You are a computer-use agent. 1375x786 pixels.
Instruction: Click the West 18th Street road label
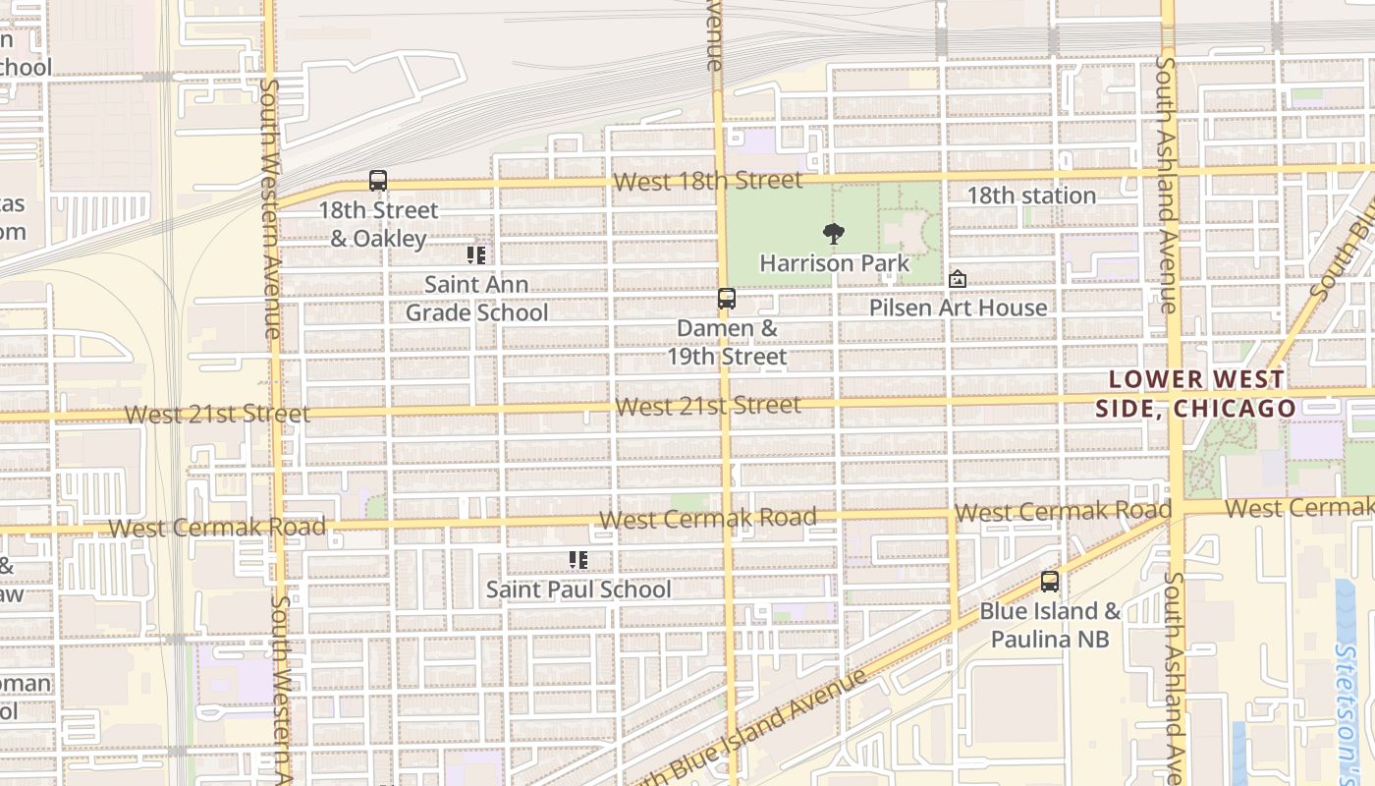(707, 181)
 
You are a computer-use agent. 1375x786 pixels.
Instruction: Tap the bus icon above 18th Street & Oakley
(378, 181)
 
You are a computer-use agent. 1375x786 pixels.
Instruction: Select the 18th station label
(1031, 196)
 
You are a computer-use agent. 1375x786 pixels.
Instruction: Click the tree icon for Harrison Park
(833, 234)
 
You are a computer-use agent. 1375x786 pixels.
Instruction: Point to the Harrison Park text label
(835, 263)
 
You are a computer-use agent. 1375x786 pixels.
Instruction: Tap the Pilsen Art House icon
(958, 280)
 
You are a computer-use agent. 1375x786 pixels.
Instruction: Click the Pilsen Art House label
(958, 308)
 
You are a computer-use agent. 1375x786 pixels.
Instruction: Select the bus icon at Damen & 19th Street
(727, 299)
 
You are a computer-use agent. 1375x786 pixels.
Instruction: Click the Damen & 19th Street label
(727, 342)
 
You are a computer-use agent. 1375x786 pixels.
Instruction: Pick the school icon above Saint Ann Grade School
(476, 255)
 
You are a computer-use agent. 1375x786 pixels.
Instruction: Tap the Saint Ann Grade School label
(476, 299)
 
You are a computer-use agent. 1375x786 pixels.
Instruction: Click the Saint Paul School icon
(578, 560)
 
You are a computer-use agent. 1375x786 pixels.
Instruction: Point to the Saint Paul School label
(578, 589)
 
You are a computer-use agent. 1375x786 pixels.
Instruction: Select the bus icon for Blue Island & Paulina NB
(1050, 582)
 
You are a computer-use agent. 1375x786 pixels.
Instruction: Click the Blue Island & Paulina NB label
(1050, 625)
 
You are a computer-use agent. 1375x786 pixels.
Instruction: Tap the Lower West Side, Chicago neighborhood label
(1195, 394)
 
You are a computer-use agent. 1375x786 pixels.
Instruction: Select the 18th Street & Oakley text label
(378, 224)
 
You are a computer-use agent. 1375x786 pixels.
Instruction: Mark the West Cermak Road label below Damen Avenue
(707, 518)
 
